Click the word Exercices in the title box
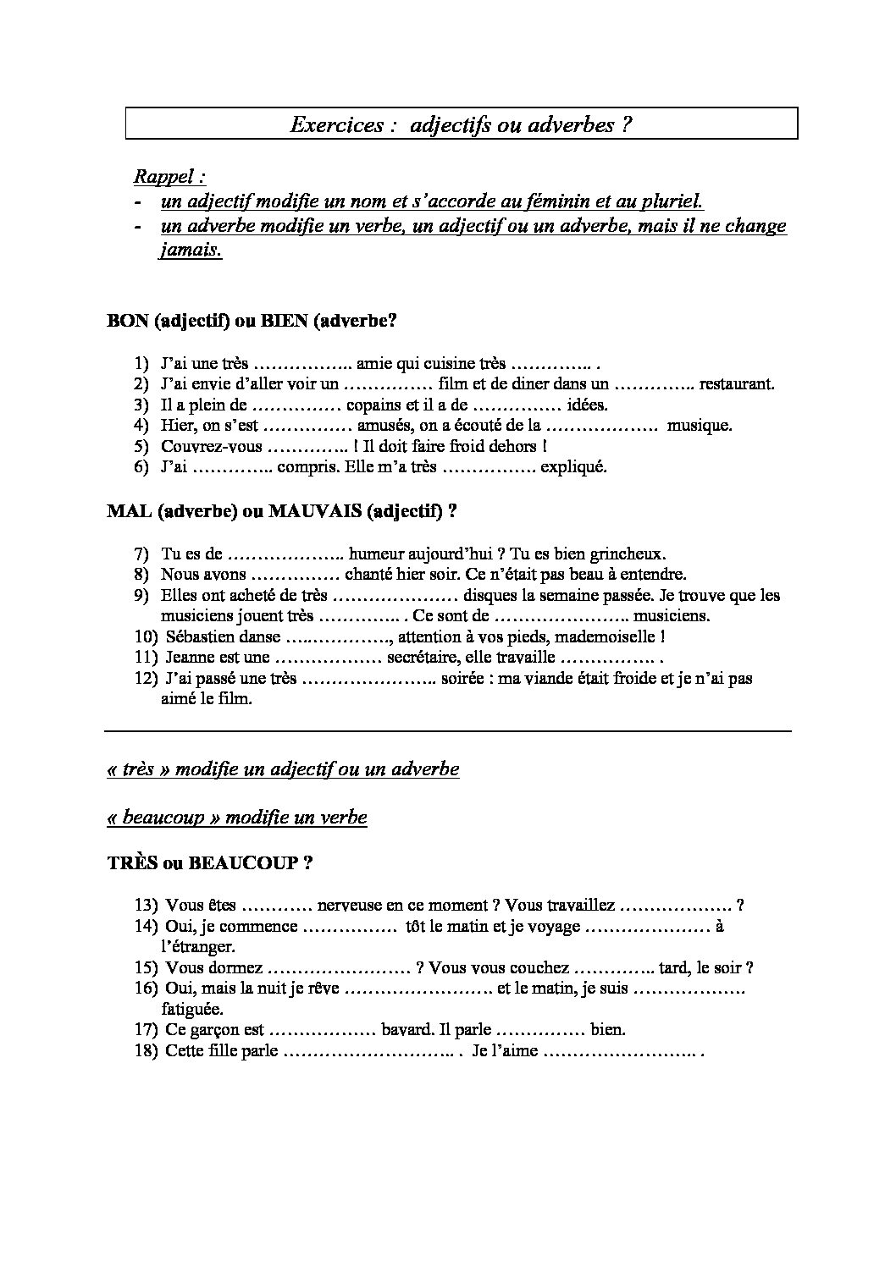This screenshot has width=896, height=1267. (337, 125)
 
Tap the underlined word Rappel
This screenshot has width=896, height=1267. (167, 177)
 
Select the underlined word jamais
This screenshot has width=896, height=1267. (191, 251)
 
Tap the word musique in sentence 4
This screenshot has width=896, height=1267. (699, 426)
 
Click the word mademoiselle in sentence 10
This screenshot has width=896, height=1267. (600, 636)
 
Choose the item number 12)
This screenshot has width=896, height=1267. (147, 678)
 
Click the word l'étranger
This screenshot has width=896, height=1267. (197, 946)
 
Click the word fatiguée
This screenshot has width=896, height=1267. (192, 1009)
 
